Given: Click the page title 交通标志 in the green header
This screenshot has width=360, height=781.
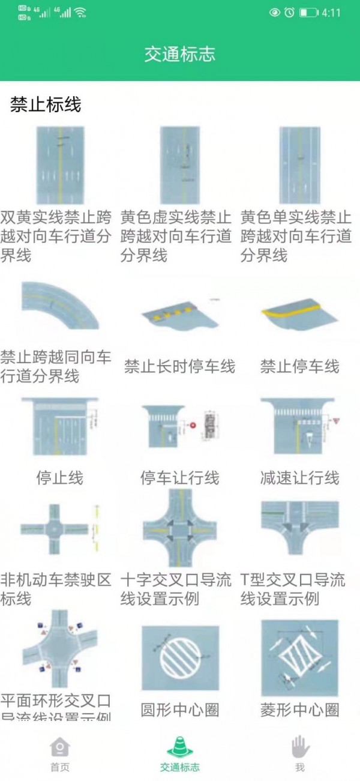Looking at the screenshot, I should [x=179, y=55].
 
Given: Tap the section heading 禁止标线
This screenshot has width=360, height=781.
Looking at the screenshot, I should [x=46, y=105].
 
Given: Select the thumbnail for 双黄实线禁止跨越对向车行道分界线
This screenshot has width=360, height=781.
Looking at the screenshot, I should [x=59, y=165].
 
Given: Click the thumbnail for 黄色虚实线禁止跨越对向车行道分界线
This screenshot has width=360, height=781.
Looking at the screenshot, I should [x=179, y=165].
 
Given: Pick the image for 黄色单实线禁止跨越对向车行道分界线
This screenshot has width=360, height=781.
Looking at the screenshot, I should [x=299, y=165].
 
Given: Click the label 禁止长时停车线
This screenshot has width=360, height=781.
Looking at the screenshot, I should [x=179, y=366].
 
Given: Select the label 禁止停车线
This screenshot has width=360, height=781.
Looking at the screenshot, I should [x=299, y=366].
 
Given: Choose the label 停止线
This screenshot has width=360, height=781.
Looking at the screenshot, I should [x=59, y=478].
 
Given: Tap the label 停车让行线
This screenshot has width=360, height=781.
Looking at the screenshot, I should [x=179, y=478].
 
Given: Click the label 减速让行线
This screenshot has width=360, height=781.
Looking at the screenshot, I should [x=299, y=478].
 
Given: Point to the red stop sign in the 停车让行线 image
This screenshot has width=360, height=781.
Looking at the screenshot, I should [x=193, y=425].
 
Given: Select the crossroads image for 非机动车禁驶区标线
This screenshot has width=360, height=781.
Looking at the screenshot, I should [x=59, y=529].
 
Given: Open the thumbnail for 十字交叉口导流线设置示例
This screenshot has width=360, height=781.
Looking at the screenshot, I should [x=179, y=529].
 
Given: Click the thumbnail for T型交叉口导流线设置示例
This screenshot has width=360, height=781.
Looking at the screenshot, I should [x=299, y=528].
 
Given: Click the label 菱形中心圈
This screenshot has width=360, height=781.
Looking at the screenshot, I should [x=299, y=710].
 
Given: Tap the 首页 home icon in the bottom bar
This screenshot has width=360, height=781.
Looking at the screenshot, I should [x=59, y=747].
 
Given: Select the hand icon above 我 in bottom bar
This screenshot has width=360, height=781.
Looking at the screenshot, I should [x=300, y=747].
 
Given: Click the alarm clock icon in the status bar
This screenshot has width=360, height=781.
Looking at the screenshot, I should [x=289, y=13].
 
